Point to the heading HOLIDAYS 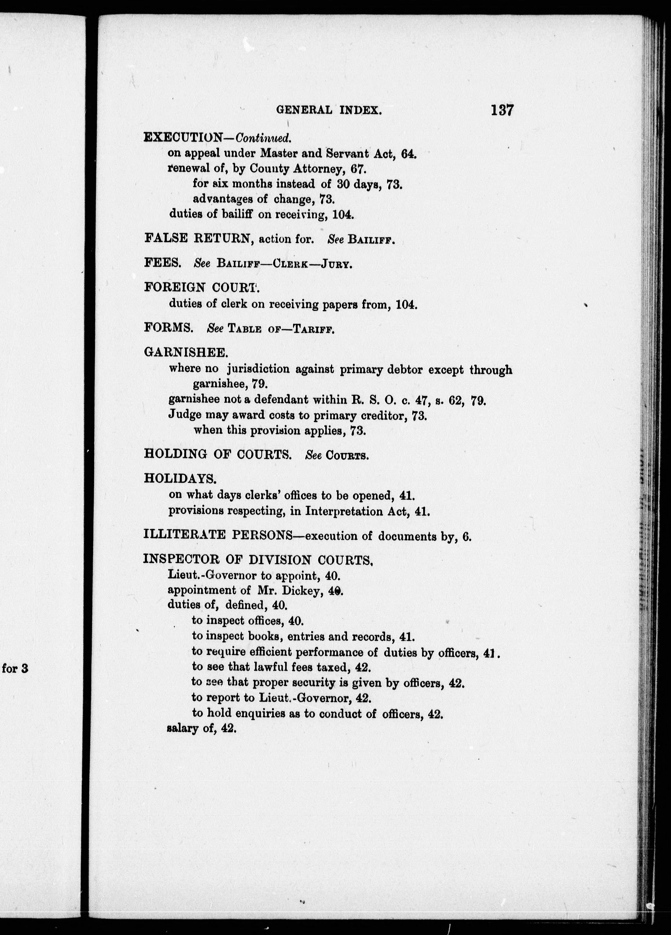(x=180, y=479)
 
